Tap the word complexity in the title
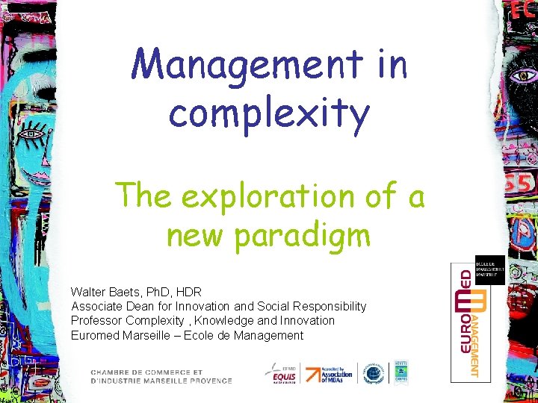[x=269, y=113]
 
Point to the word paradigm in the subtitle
[x=309, y=235]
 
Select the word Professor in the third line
[x=96, y=320]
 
